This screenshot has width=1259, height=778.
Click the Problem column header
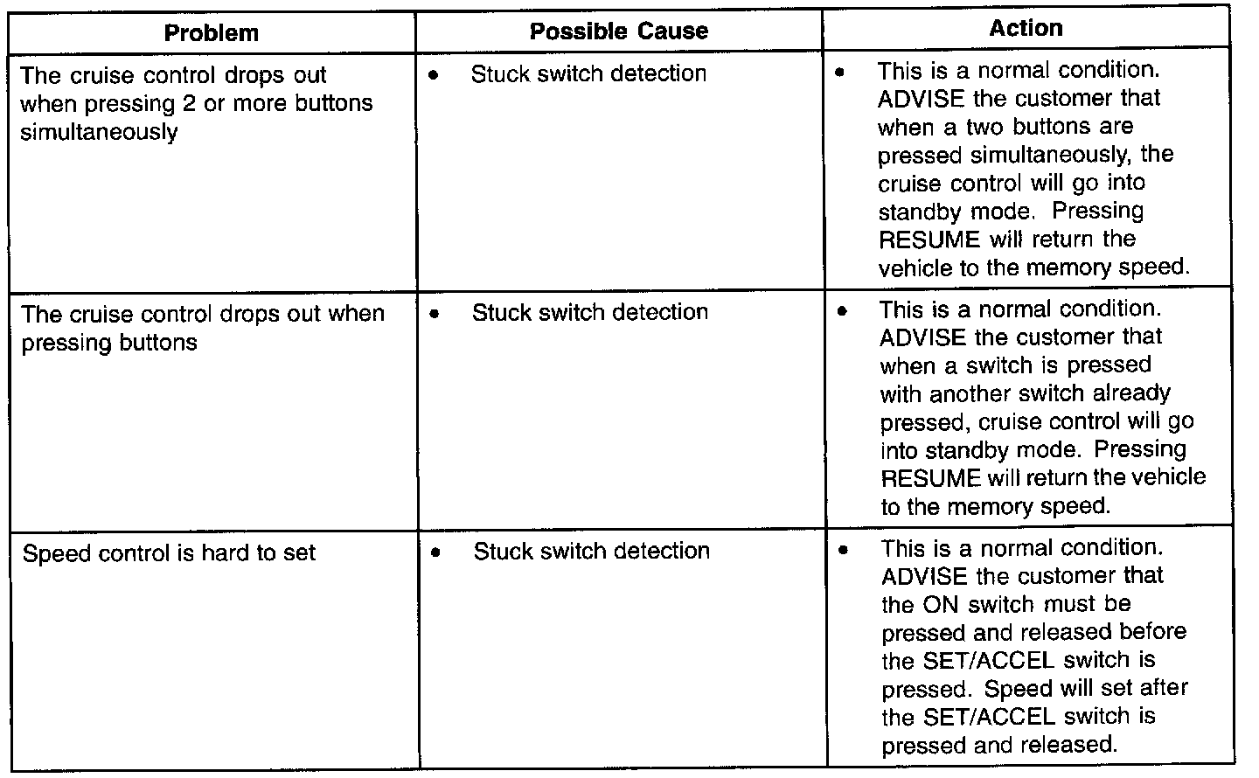[212, 33]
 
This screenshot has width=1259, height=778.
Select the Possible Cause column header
[619, 31]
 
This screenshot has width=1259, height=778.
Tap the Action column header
[1026, 28]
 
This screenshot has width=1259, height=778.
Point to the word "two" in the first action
[985, 127]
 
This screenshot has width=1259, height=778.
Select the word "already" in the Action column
[1129, 393]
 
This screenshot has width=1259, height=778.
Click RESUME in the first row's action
[929, 240]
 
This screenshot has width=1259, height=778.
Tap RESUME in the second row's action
[931, 478]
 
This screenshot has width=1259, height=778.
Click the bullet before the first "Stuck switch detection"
[434, 74]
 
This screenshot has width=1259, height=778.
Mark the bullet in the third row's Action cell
[843, 550]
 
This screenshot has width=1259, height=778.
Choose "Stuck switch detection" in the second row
[590, 312]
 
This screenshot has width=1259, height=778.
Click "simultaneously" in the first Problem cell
[99, 132]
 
